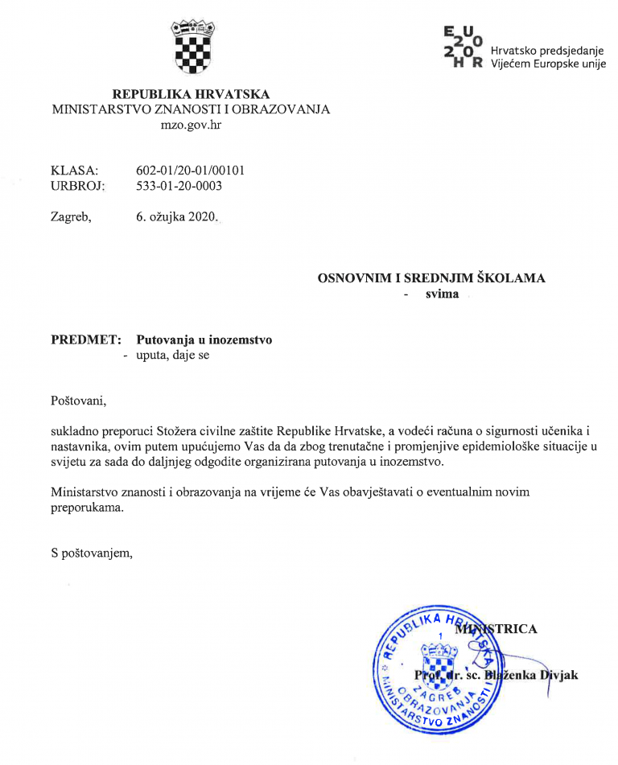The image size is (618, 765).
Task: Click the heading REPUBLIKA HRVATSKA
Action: pos(191,94)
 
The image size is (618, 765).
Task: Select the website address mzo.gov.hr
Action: pos(191,125)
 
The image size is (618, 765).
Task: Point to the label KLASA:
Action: pos(74,171)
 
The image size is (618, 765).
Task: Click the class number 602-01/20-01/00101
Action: pos(191,171)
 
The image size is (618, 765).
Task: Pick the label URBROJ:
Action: pos(78,186)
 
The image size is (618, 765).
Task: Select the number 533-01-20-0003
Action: pos(179,186)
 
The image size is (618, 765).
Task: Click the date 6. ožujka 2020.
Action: pos(177,217)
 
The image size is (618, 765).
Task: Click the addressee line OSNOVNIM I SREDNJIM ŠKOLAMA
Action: pos(431,278)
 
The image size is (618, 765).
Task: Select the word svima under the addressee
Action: pos(443,294)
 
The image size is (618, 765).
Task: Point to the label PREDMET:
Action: pos(85,340)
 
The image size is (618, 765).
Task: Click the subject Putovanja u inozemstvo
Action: pos(204,340)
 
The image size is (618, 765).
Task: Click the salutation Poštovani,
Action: pos(78,400)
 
